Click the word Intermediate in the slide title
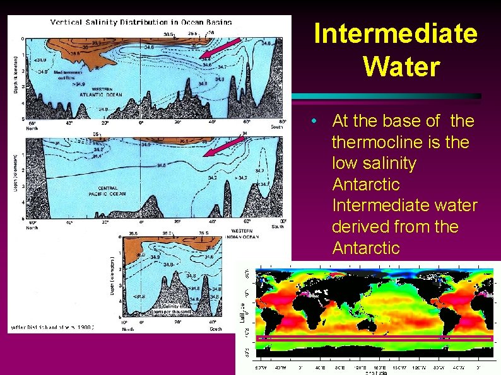click(x=396, y=34)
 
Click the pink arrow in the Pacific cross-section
click(x=223, y=147)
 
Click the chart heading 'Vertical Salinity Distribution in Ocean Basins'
click(x=141, y=22)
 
